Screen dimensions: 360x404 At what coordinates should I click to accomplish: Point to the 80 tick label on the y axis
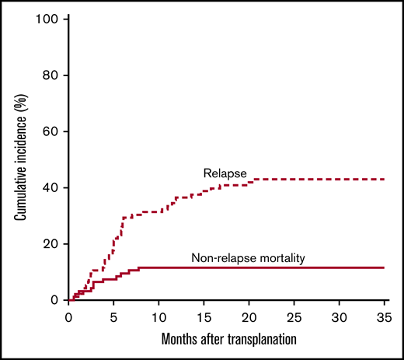50,75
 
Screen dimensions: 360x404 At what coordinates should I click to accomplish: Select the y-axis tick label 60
50,131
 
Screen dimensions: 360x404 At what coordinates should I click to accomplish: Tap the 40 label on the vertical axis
50,187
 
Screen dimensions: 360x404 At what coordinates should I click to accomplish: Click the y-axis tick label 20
50,243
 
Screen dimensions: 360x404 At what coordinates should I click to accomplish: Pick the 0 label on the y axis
54,299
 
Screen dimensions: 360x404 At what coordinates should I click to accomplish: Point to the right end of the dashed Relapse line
385,180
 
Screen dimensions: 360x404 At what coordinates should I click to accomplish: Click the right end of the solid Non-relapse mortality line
385,267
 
